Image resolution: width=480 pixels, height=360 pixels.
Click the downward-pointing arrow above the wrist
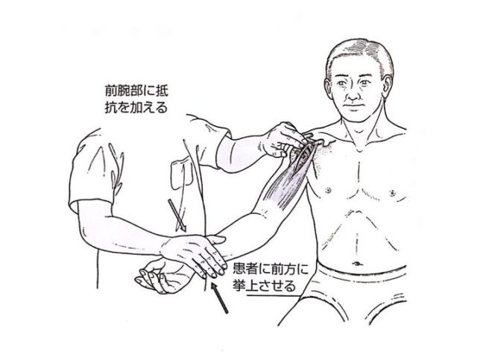177,215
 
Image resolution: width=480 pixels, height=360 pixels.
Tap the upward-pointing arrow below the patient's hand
220,297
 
